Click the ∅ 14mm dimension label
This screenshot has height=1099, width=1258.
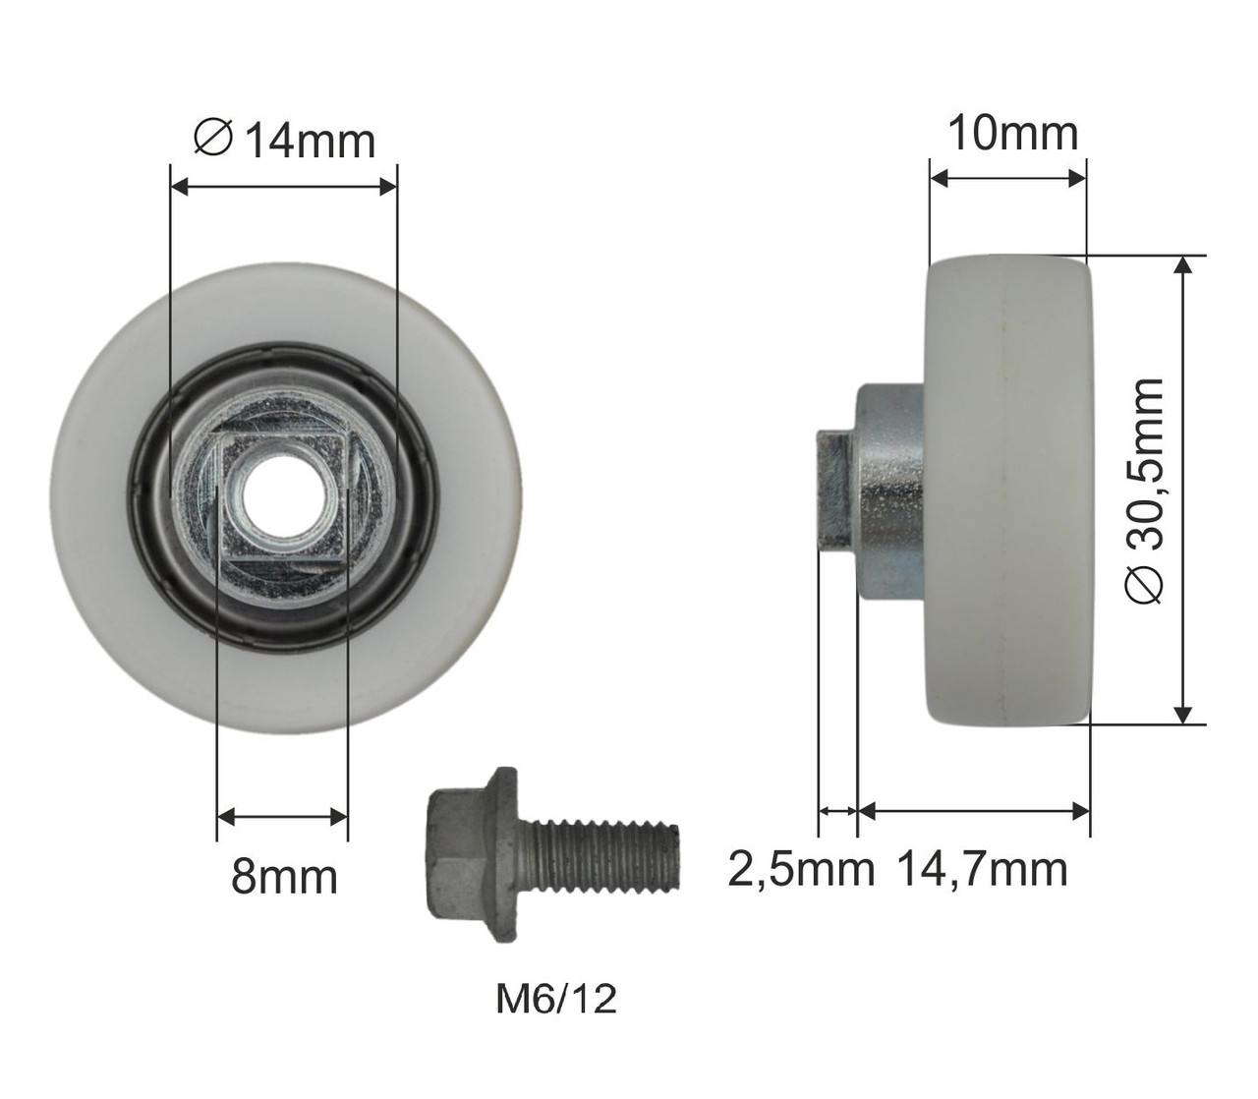click(x=284, y=142)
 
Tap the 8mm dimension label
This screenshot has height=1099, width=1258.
click(x=284, y=877)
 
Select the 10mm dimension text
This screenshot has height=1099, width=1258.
click(x=1013, y=134)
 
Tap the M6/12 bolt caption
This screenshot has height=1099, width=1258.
click(x=556, y=999)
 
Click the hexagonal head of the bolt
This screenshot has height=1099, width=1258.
click(x=454, y=855)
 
